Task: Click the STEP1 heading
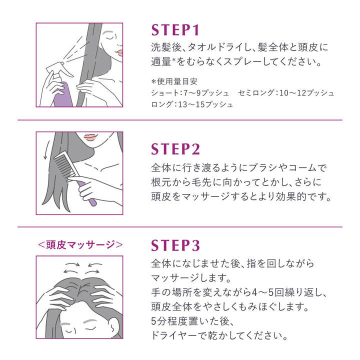point(175,29)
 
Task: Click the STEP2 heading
point(175,149)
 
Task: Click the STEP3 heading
point(175,245)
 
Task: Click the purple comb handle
point(89,197)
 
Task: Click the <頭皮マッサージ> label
point(79,245)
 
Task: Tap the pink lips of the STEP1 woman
point(118,51)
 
